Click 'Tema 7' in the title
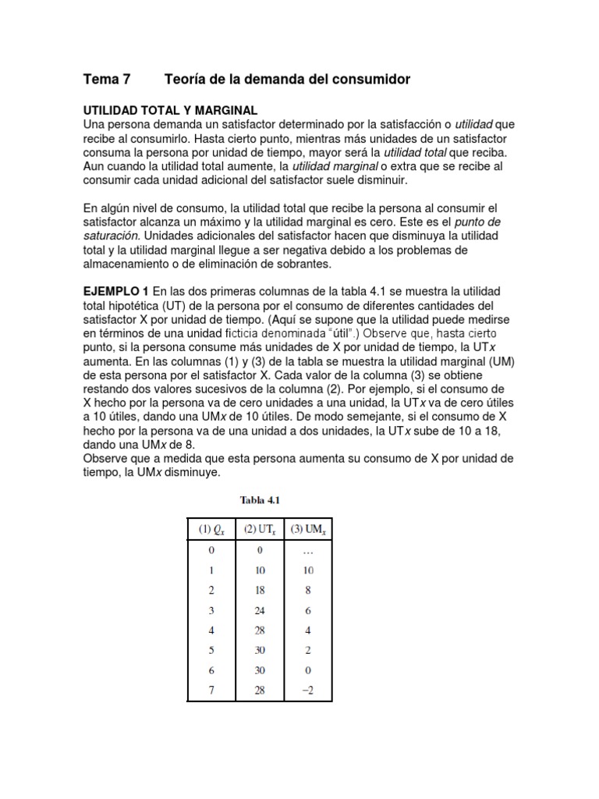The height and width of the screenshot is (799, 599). (107, 80)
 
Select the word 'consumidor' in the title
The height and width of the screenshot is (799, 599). (370, 80)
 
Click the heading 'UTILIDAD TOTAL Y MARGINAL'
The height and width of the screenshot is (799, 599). (170, 110)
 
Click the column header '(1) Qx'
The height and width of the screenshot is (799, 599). (211, 531)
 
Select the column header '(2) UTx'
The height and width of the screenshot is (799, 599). (260, 531)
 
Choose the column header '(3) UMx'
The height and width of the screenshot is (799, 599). (309, 531)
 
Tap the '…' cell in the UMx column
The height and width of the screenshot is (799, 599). (309, 549)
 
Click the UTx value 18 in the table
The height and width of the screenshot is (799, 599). (260, 590)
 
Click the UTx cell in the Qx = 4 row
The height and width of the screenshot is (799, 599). (260, 630)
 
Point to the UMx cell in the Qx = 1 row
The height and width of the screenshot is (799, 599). (309, 570)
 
